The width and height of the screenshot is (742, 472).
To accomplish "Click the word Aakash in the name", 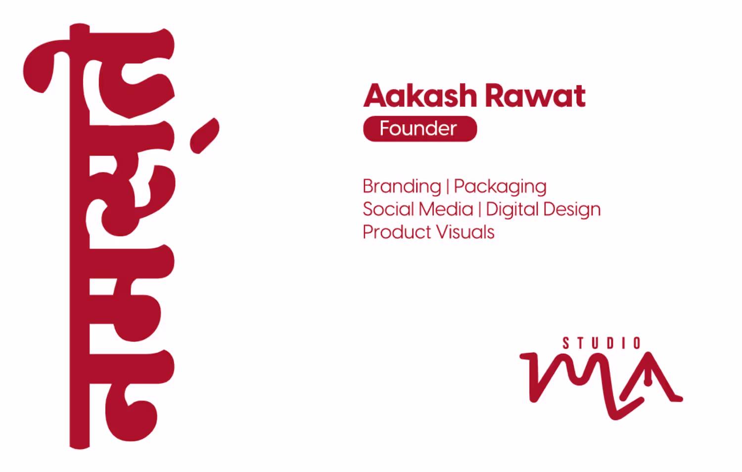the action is click(420, 95).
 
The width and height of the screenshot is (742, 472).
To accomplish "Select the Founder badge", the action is click(420, 129).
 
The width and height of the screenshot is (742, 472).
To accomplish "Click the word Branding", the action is click(402, 187).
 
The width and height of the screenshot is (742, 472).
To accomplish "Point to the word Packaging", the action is click(500, 187).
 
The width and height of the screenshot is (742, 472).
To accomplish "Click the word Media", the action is click(446, 209).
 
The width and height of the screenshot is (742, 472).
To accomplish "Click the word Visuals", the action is click(465, 232).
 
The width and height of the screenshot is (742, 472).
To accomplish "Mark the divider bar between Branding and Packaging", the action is click(448, 187).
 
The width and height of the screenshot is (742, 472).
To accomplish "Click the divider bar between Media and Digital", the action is click(480, 209).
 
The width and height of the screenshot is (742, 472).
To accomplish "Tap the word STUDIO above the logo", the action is click(602, 343).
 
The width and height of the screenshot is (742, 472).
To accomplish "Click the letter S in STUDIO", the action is click(566, 343).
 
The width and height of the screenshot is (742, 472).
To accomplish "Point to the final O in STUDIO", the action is click(637, 343).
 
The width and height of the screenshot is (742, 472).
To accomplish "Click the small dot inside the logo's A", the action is click(648, 382).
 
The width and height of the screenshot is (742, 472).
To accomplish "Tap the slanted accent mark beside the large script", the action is click(204, 136).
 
